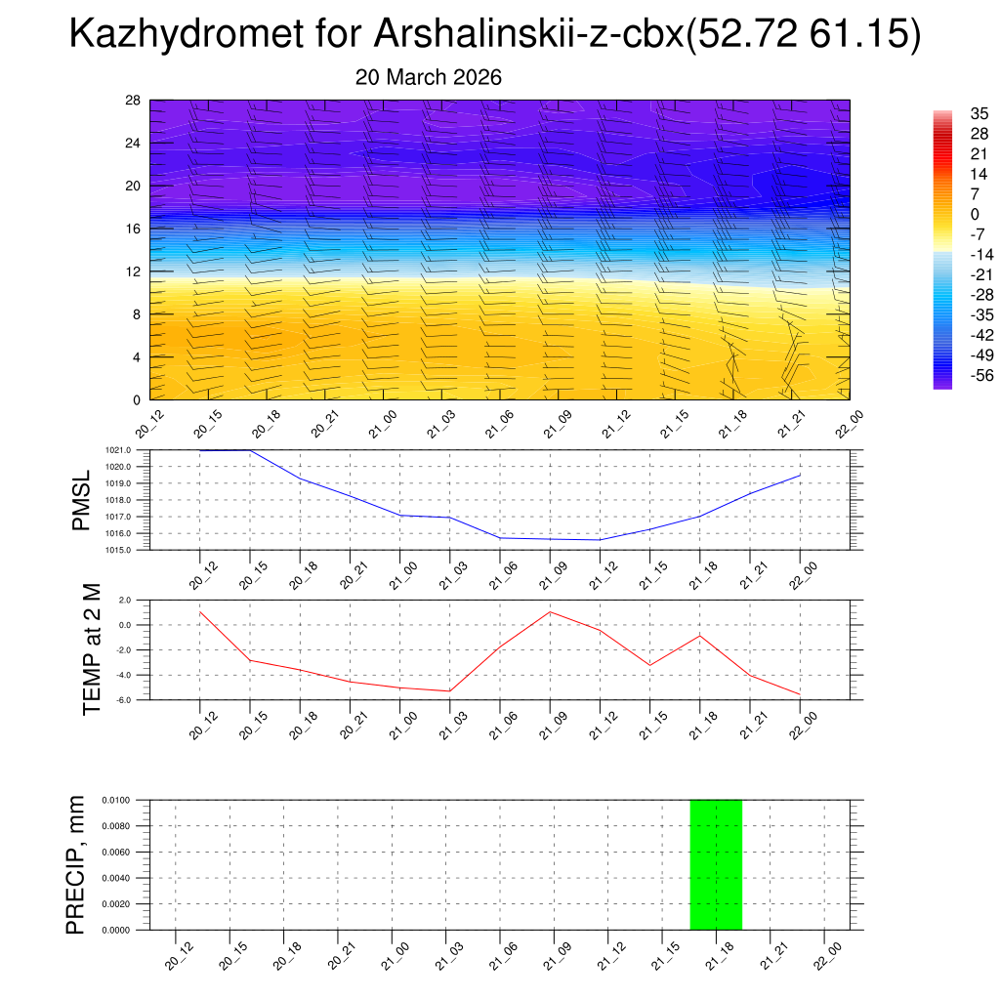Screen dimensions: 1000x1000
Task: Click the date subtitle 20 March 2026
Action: tap(428, 78)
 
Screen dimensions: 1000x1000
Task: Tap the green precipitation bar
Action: tap(716, 864)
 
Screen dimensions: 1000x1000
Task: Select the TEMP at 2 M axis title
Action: tap(92, 649)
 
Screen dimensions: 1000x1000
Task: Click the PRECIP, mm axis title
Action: tap(76, 864)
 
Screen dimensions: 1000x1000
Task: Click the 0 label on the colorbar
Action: tap(973, 214)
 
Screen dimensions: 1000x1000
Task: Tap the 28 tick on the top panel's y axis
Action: tap(134, 101)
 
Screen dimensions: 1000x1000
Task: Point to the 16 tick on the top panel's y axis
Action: tap(134, 229)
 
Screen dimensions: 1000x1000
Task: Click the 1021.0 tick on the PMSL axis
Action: tap(132, 450)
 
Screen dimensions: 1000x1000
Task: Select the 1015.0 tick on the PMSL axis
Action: tap(132, 550)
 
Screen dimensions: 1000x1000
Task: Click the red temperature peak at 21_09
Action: tap(550, 611)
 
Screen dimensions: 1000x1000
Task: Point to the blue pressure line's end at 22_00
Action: tap(801, 475)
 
